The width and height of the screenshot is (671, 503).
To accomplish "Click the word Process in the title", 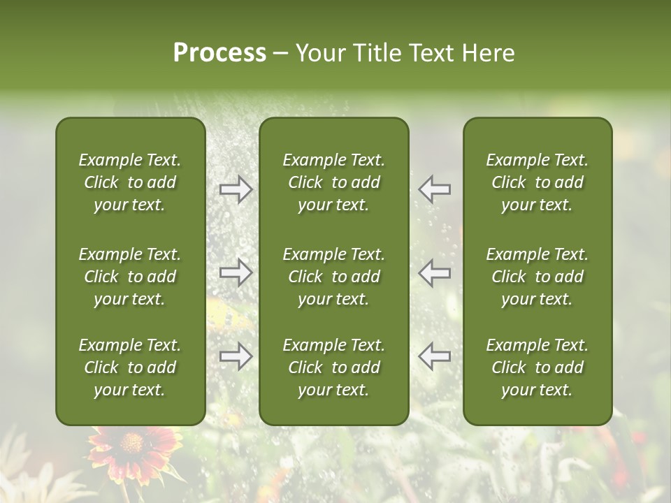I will coord(219,53).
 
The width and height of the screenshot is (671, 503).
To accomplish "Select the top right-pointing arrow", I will coord(236,189).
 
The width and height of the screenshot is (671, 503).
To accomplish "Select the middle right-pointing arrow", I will coord(236,272).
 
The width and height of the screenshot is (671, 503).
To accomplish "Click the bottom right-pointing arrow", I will coord(236,356).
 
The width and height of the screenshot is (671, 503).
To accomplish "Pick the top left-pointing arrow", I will coord(434,189).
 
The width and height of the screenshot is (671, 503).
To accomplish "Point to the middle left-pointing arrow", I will coord(434,272).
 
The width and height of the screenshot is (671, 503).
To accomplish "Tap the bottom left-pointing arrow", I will coord(434,356).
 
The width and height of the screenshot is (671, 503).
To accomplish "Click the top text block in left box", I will coord(130,182).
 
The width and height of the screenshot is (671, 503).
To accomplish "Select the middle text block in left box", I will coord(130,277).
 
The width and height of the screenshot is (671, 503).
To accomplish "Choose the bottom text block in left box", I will coord(130,367).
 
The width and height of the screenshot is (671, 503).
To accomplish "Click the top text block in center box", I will coord(333,182).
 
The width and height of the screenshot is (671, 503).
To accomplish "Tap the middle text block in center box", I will coord(333,277).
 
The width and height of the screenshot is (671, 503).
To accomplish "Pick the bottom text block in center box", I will coord(333,367).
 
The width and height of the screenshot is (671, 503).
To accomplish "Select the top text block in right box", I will coord(537,182).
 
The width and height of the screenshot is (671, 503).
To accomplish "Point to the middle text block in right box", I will coord(537,277).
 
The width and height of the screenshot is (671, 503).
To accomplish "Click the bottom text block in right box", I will coord(537,367).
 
